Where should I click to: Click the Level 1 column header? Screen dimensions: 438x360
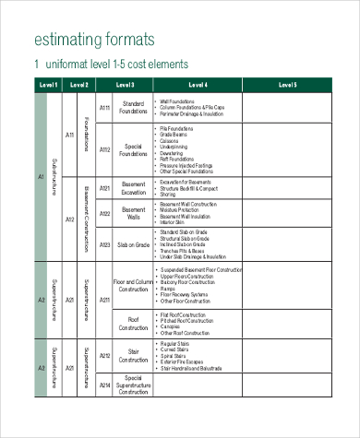coord(48,85)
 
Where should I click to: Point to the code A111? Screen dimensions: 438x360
coord(104,108)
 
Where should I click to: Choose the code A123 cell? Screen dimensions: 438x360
coord(104,245)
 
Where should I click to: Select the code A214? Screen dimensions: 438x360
coord(104,385)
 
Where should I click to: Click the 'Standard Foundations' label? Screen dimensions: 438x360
coord(134,108)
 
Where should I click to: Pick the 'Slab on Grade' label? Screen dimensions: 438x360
coord(134,245)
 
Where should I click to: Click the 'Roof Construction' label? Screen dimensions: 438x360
coord(134,323)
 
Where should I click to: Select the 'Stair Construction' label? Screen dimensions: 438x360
coord(134,357)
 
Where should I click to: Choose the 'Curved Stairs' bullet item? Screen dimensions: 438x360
coord(176,349)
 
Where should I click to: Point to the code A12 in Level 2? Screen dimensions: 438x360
coord(70,219)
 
